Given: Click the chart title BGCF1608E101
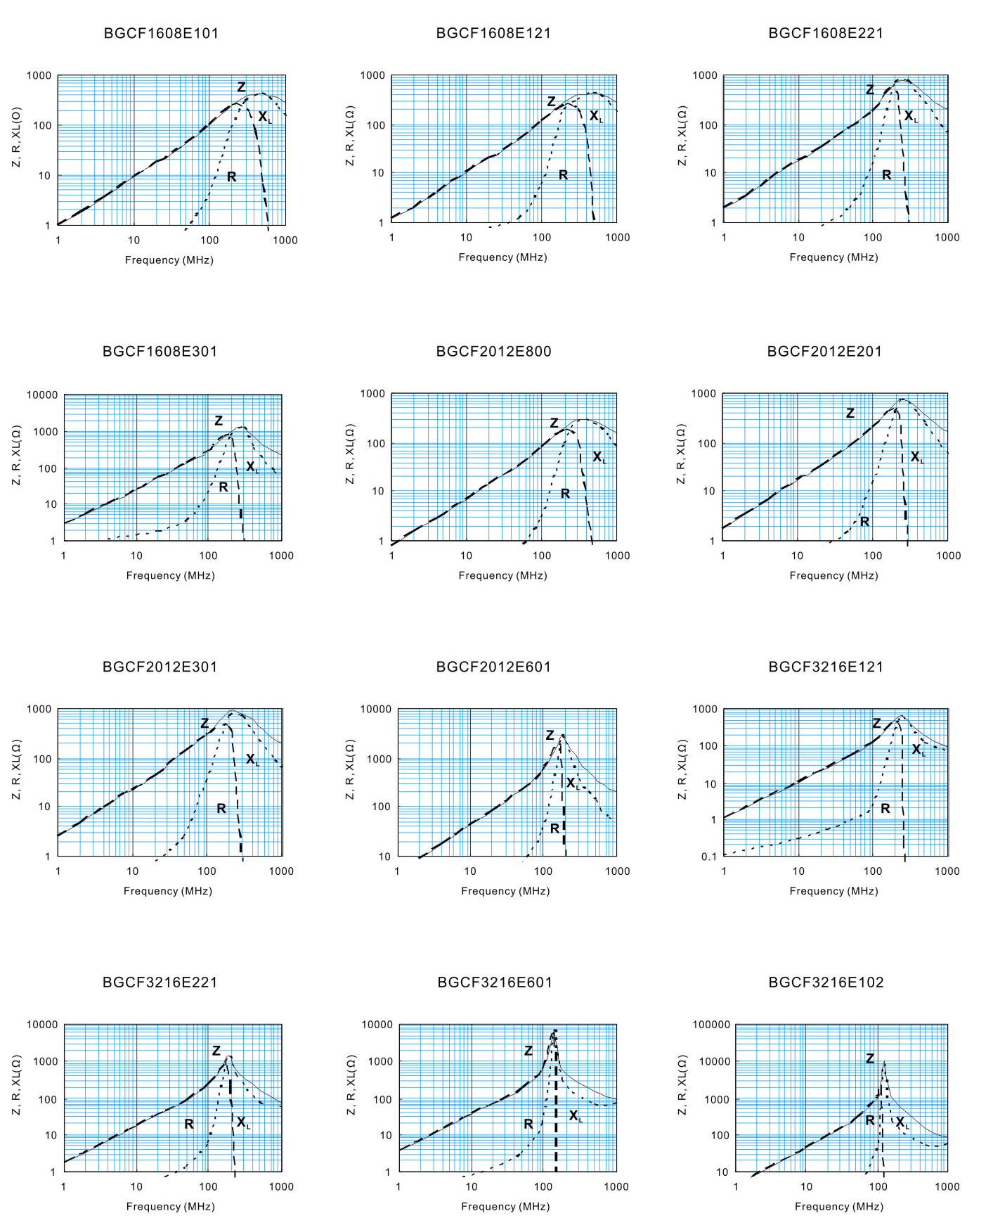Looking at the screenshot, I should tap(161, 33).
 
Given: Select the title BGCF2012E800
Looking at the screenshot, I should tap(493, 351).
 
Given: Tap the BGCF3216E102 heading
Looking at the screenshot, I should tap(826, 982).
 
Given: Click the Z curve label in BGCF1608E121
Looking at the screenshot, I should tap(552, 102).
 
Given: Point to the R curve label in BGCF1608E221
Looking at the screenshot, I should tap(886, 174).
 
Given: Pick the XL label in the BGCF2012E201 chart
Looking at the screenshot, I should tap(917, 457).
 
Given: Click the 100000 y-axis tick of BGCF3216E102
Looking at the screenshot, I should tap(711, 1025).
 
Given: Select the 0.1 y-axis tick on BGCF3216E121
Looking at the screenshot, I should tap(709, 856).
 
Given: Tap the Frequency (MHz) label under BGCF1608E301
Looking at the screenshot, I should tap(170, 575).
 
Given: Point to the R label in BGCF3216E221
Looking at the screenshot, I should tap(188, 1125).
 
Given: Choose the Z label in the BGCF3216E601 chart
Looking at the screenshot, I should tap(528, 1051).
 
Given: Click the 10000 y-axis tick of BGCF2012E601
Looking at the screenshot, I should tap(376, 709).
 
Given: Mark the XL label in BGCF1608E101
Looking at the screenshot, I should tap(264, 117).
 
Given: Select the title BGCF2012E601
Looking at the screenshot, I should tap(493, 667).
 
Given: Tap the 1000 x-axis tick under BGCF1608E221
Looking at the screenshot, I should tap(947, 237).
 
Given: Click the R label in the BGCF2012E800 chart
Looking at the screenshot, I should tap(565, 494).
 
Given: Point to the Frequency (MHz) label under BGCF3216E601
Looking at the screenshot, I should tap(505, 1206).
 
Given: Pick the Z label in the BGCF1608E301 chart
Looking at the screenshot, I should tap(219, 421).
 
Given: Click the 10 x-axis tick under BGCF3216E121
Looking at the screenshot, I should tap(798, 871).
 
